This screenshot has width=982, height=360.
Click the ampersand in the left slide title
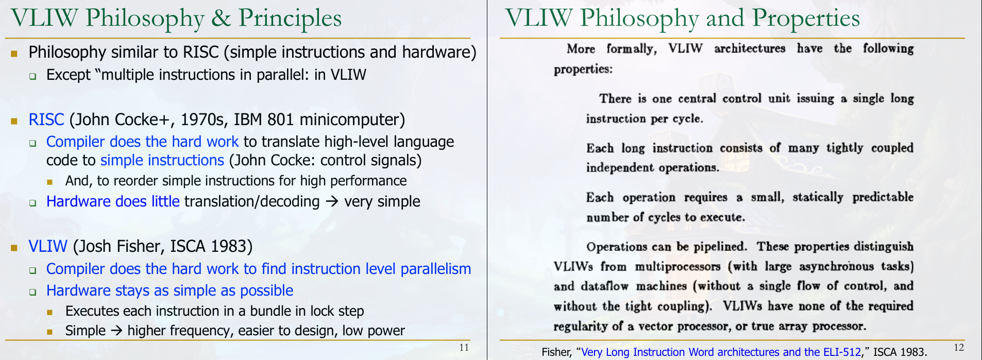point(221,18)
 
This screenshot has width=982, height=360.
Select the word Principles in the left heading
point(290,19)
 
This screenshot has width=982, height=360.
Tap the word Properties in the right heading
point(806,19)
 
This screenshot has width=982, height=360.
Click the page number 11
point(464,347)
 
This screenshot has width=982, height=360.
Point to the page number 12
point(959,347)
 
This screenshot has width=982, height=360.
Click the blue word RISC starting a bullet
point(46,119)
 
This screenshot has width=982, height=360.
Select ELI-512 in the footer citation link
point(842,352)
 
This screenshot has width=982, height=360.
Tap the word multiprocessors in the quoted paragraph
point(678,267)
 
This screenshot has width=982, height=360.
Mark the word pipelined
point(720,247)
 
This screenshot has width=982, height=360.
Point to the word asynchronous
point(837,267)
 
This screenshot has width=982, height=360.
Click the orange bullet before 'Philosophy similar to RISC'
point(14,53)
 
